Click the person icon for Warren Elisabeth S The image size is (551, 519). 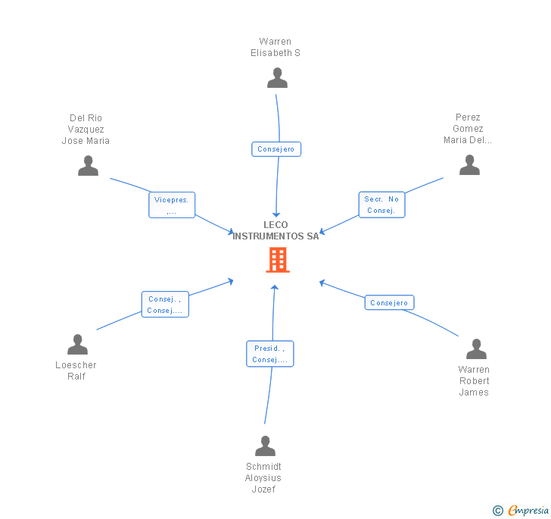[x=278, y=78]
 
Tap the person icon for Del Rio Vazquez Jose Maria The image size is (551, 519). [x=89, y=165]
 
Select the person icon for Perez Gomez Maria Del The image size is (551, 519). [x=469, y=164]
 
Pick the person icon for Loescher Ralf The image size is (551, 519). [x=77, y=345]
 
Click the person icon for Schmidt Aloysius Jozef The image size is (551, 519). [x=265, y=446]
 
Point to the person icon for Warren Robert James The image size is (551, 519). [x=476, y=349]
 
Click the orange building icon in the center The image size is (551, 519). [x=278, y=260]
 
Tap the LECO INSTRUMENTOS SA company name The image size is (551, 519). [x=276, y=231]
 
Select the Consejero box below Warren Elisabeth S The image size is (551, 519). [x=276, y=149]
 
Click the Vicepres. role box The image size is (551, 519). [x=172, y=205]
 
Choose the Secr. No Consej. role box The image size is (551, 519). [x=381, y=205]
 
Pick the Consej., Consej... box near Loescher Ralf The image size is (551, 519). [x=164, y=305]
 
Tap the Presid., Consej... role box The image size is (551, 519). [x=269, y=354]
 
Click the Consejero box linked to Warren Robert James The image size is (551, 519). [x=390, y=303]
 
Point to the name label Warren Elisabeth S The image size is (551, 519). [x=275, y=48]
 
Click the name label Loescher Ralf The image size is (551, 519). [x=76, y=370]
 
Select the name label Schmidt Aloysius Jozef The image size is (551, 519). [x=263, y=477]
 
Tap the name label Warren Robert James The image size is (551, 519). [x=474, y=381]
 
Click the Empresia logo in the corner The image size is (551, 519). [x=521, y=511]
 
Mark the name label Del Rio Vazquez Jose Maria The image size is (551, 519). [x=86, y=130]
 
